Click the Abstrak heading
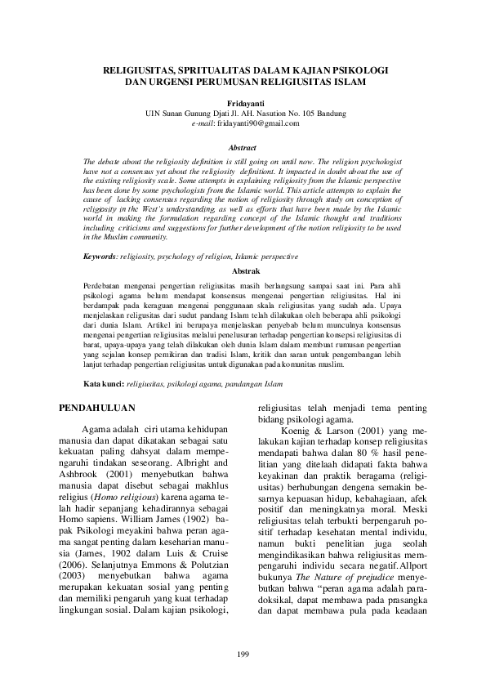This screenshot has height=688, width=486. pyautogui.click(x=246, y=268)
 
